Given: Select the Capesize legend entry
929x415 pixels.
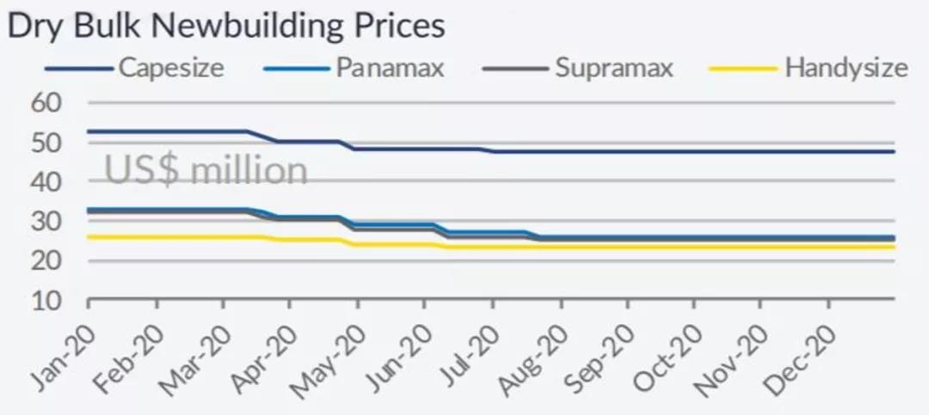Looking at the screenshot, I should pyautogui.click(x=171, y=68).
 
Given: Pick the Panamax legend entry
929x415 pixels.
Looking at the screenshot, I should pyautogui.click(x=390, y=68).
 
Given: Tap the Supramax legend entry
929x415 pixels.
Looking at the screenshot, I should pyautogui.click(x=613, y=68).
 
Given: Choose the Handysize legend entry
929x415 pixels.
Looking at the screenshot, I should pyautogui.click(x=846, y=68).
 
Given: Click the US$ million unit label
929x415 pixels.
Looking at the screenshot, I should pyautogui.click(x=206, y=170).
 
